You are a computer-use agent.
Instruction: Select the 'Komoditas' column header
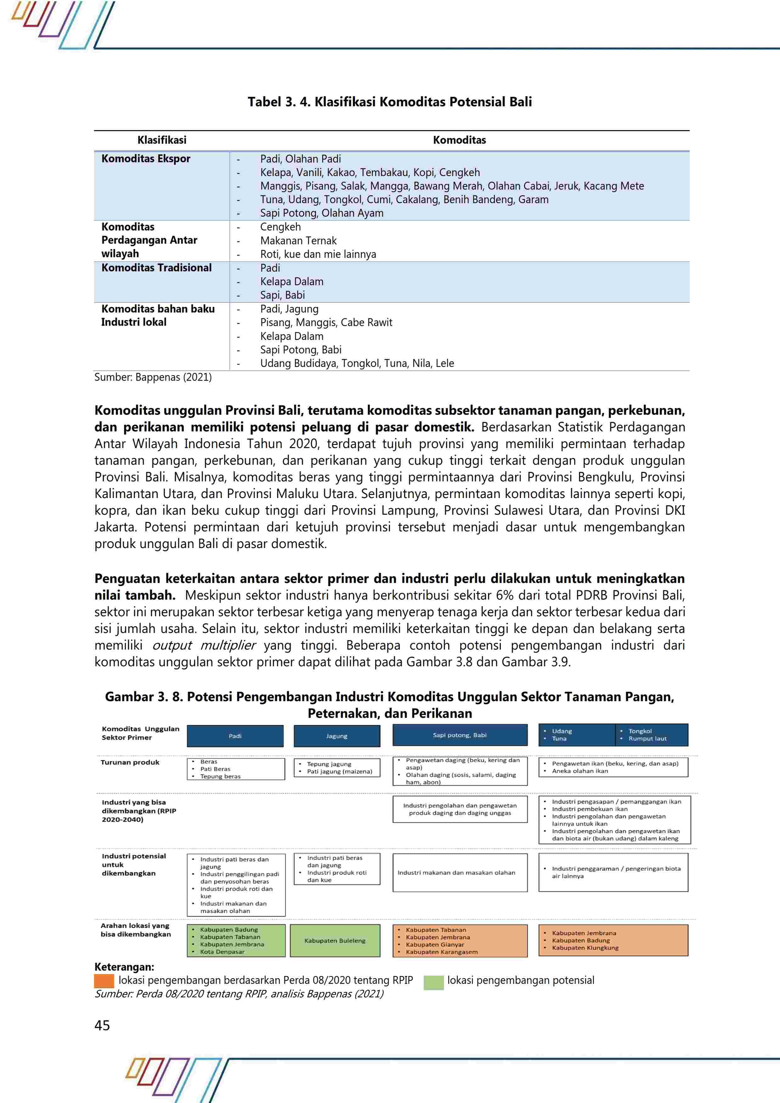(x=459, y=140)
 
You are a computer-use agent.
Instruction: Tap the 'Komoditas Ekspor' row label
(x=146, y=158)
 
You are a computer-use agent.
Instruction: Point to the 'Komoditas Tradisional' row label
(x=156, y=268)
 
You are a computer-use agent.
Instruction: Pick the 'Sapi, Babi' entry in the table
(x=282, y=295)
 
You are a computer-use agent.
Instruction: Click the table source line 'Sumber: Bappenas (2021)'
(x=153, y=377)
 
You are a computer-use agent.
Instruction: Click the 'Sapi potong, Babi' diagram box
(x=459, y=735)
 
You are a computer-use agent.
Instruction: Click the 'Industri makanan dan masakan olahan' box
(x=456, y=873)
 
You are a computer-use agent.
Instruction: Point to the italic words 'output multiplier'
(x=204, y=645)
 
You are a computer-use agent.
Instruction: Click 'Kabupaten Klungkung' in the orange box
(x=585, y=948)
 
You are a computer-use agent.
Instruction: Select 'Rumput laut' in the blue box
(x=647, y=738)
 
